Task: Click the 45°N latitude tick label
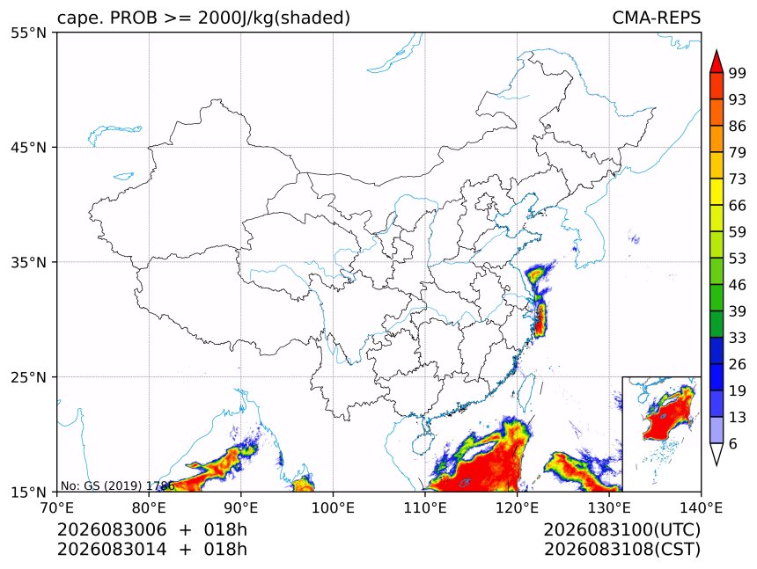point(28,147)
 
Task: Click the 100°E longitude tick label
point(333,507)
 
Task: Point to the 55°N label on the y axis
point(28,33)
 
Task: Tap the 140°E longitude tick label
point(701,507)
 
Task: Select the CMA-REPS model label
point(656,18)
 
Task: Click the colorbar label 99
point(738,73)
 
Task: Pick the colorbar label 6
point(733,443)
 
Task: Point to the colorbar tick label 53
point(738,259)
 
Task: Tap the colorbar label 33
point(738,338)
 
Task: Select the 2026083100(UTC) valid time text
point(621,529)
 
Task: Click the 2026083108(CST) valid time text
point(621,550)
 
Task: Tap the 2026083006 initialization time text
point(112,529)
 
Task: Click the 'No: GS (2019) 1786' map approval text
point(117,485)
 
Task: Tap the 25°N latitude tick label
point(28,376)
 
